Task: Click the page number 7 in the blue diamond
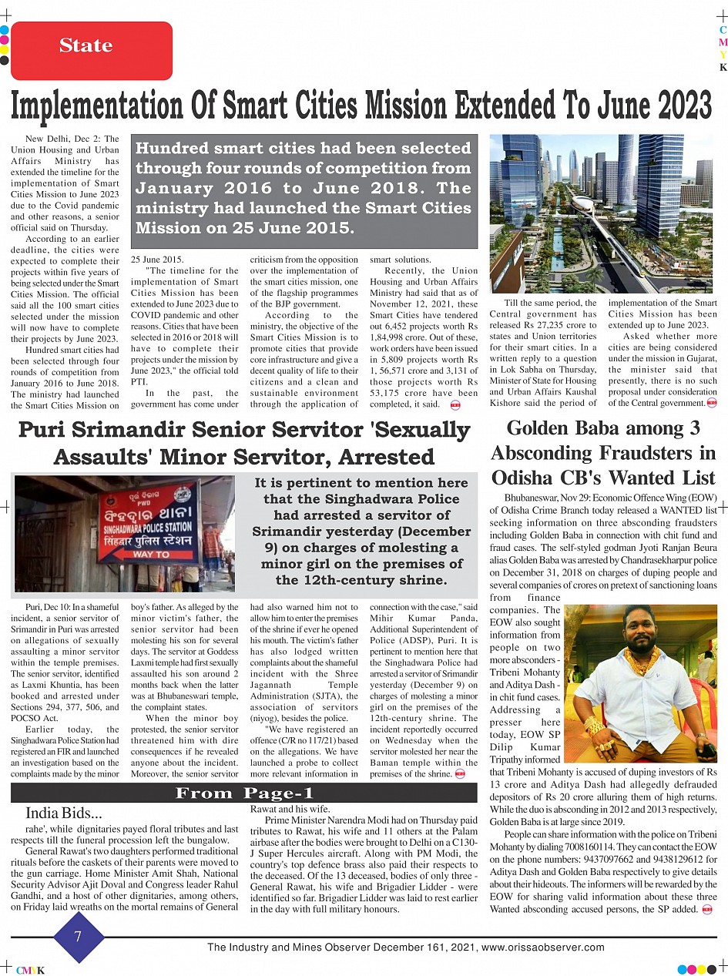click(x=77, y=937)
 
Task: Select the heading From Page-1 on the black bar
click(x=243, y=793)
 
